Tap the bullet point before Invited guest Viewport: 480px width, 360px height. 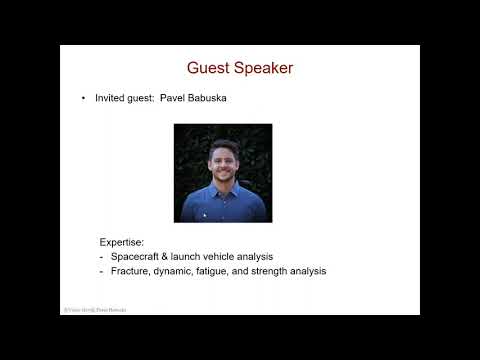coord(84,99)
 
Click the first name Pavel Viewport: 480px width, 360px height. coord(186,99)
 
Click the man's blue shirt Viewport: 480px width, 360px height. coord(223,204)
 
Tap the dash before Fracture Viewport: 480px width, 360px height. coord(101,271)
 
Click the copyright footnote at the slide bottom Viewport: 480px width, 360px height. coord(94,310)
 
